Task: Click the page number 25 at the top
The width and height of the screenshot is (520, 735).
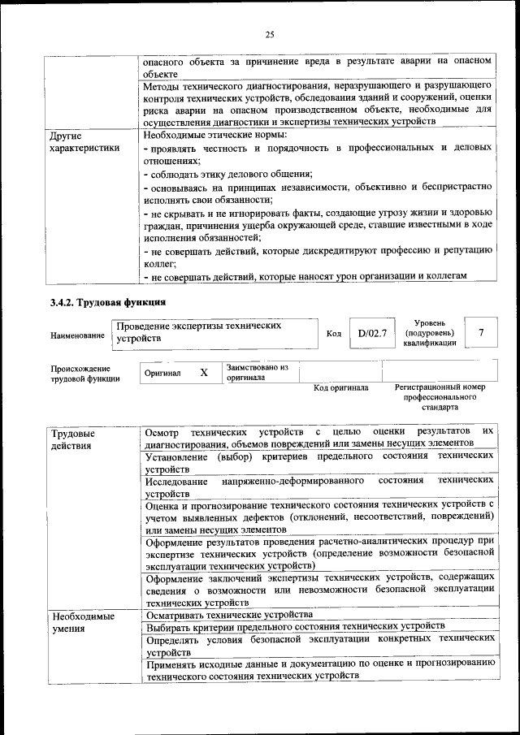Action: [270, 34]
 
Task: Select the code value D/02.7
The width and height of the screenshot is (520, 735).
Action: [372, 333]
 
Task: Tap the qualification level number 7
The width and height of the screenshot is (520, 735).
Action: [482, 333]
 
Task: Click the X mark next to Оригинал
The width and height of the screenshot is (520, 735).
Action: [204, 372]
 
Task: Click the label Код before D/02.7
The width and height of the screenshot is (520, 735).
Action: [333, 334]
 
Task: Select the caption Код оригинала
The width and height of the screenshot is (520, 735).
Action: [340, 388]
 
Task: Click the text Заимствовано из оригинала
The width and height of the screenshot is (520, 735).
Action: [257, 372]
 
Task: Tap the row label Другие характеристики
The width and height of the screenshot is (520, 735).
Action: [84, 141]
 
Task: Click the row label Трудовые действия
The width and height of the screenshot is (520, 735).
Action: [73, 439]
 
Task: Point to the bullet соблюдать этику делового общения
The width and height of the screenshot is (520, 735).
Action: [228, 175]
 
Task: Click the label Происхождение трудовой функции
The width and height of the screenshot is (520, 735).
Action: [84, 373]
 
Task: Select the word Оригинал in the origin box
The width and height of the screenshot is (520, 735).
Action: [162, 373]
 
